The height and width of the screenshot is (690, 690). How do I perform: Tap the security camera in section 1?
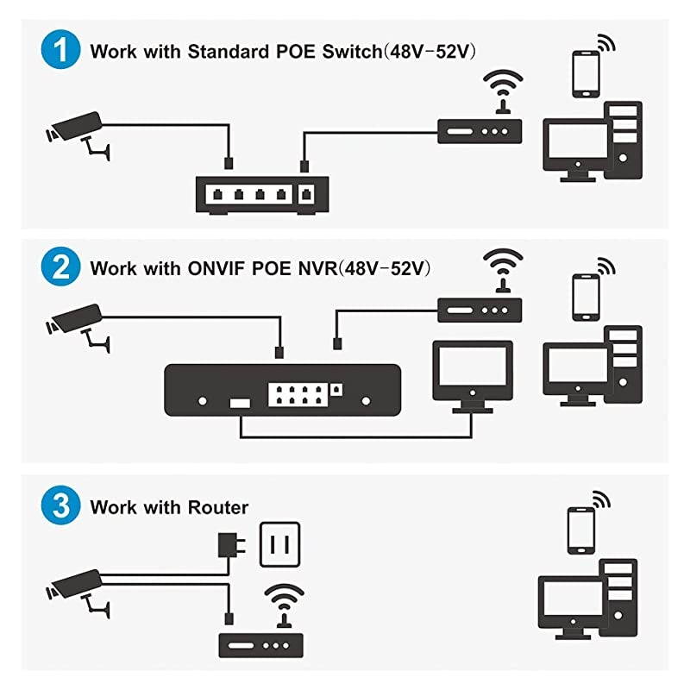(76, 127)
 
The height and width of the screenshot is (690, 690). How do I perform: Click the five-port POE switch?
(262, 195)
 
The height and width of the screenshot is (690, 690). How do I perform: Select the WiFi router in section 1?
(480, 131)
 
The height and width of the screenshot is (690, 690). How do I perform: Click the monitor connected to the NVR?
(472, 371)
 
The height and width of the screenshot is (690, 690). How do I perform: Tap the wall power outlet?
(280, 543)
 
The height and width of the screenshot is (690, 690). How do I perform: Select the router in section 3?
(260, 645)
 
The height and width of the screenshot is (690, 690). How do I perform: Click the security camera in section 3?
(76, 585)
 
